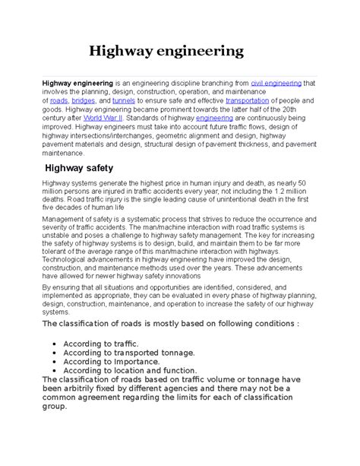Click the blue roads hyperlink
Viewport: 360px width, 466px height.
click(58, 100)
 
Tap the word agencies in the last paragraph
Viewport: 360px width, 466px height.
click(189, 388)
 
